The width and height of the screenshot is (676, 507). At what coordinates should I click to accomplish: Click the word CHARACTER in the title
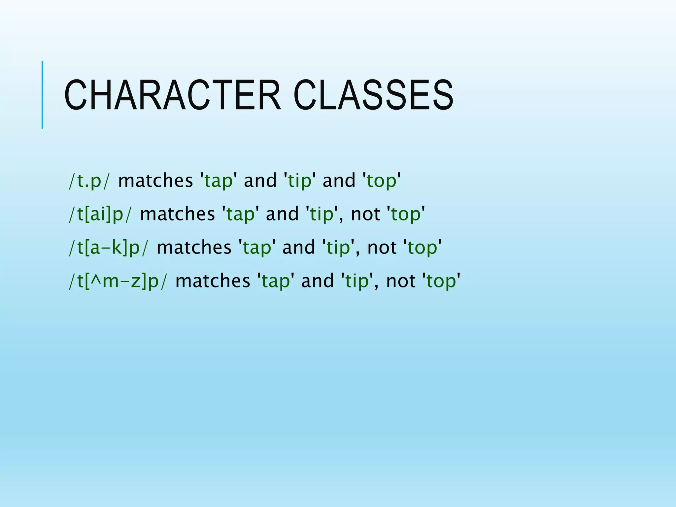(x=172, y=95)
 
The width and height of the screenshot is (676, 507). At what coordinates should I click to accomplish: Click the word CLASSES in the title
(x=373, y=95)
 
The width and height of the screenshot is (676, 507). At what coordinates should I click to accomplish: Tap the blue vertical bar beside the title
(x=42, y=95)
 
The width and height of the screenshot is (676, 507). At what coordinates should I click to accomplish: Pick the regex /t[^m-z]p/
(x=118, y=281)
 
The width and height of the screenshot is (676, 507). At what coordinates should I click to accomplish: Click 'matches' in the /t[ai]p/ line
(x=177, y=214)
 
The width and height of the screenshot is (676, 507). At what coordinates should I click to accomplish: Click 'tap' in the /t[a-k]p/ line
(x=257, y=248)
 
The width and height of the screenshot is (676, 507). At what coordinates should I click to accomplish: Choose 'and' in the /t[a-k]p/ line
(x=299, y=247)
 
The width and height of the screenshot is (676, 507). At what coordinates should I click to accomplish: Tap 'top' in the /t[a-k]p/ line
(x=422, y=248)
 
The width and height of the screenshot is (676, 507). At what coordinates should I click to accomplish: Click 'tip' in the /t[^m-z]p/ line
(x=357, y=281)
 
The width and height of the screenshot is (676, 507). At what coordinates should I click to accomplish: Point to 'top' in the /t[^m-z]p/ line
(x=441, y=281)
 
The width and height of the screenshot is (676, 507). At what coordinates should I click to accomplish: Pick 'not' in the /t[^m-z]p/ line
(x=401, y=281)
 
